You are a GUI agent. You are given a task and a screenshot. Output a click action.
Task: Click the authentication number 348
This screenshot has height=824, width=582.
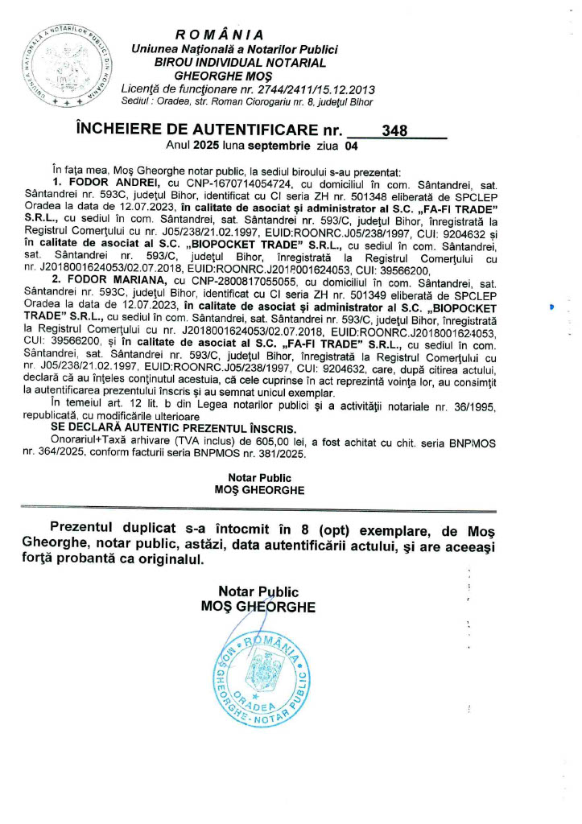coord(396,131)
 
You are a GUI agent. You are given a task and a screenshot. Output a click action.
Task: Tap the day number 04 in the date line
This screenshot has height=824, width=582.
coord(350,146)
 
